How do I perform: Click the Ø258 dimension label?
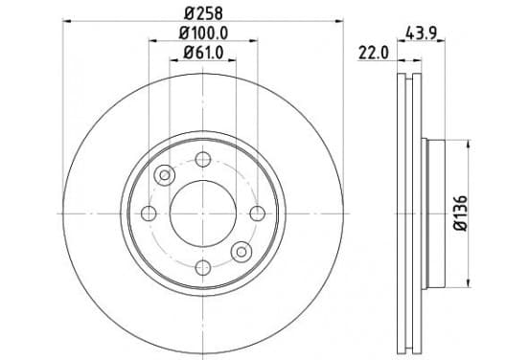coord(203,13)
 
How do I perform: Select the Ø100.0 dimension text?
coord(203,34)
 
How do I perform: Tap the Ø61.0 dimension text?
coord(203,53)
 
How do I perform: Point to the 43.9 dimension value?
coord(422,34)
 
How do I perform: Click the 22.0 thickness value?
coord(374,53)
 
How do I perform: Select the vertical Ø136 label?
coord(461,214)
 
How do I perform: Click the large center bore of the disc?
coord(203,214)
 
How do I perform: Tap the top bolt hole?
coord(203,159)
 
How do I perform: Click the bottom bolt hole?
coord(203,268)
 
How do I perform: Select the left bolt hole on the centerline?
coord(149,214)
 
